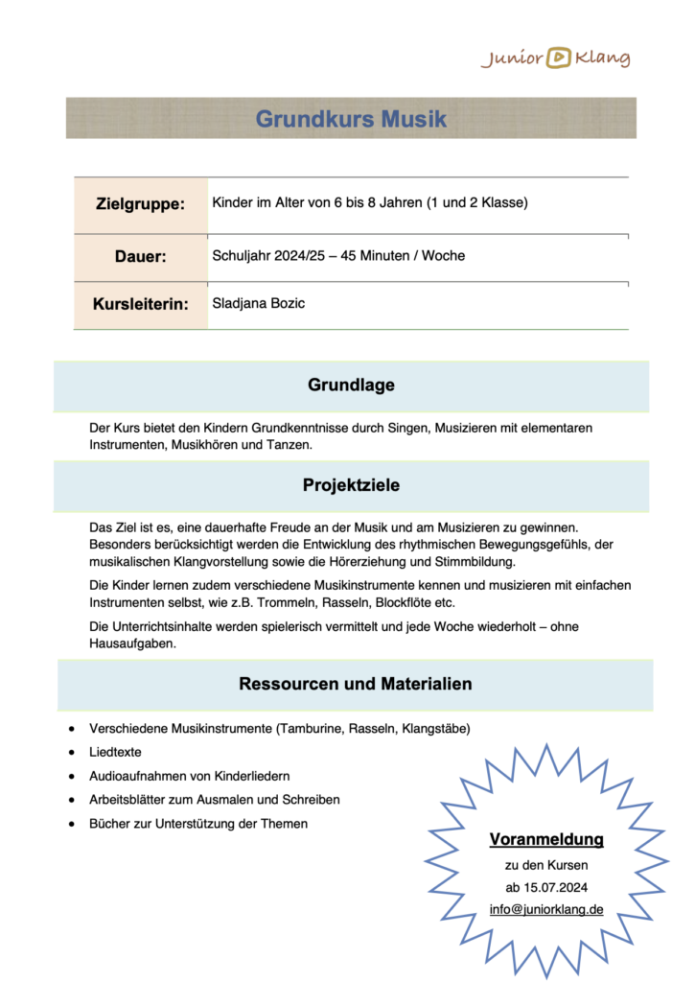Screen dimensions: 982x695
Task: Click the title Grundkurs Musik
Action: pos(351,120)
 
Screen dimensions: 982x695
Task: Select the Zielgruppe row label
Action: pos(140,204)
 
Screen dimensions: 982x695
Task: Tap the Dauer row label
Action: pos(140,257)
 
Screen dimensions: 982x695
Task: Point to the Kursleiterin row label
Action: pos(140,305)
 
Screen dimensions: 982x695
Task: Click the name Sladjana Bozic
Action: pos(258,303)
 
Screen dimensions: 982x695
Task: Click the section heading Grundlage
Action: pos(351,386)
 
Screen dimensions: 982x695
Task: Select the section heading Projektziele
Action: pos(351,485)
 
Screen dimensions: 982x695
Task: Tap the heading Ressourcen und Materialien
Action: pos(355,684)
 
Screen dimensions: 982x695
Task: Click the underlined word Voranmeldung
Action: pos(546,840)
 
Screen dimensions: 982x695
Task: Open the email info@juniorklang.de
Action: pos(546,908)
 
